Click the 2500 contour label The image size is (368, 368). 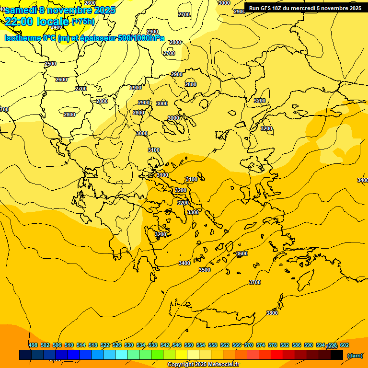point(50,64)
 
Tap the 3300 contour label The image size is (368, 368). point(193,212)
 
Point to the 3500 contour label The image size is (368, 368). point(205,270)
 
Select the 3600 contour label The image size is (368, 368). point(242,253)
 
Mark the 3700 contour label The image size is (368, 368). point(255,282)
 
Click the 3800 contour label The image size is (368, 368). point(272,313)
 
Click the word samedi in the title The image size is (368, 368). point(21,10)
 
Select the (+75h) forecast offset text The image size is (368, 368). point(83,22)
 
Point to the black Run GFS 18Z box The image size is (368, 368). point(305,8)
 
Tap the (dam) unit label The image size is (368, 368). point(355,355)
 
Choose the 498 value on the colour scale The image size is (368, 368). point(33,345)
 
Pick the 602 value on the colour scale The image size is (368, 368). point(345,345)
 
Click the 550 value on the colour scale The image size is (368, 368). point(189,345)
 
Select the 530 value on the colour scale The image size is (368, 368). point(129,345)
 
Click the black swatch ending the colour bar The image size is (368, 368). point(337,355)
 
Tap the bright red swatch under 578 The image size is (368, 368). point(277,355)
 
